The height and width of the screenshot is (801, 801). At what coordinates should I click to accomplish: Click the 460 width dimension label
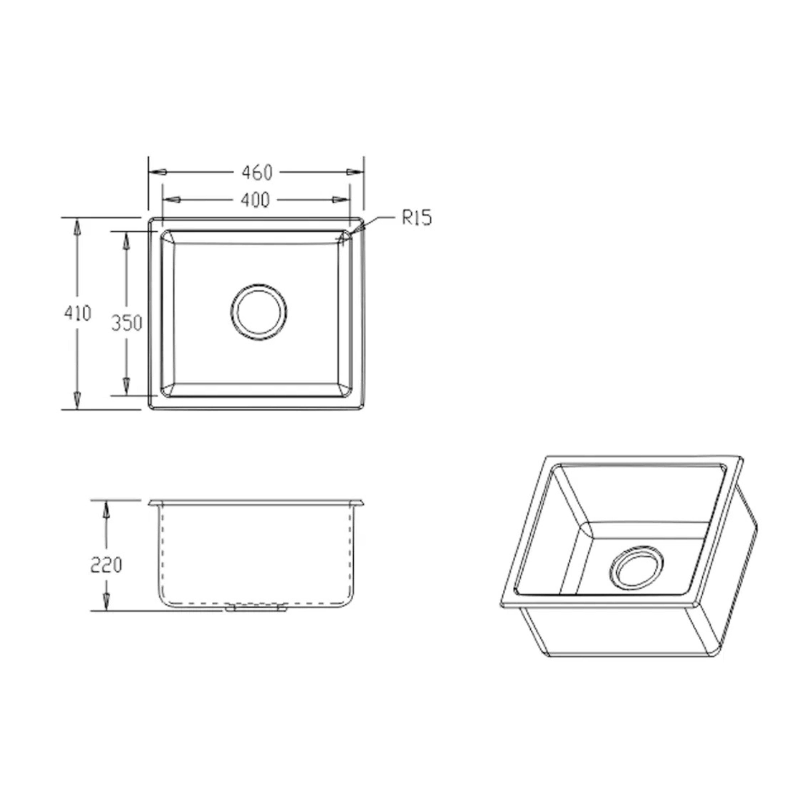(257, 172)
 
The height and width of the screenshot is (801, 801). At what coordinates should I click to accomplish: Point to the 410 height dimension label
(77, 313)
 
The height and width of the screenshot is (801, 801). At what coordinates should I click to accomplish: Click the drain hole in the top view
(259, 312)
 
